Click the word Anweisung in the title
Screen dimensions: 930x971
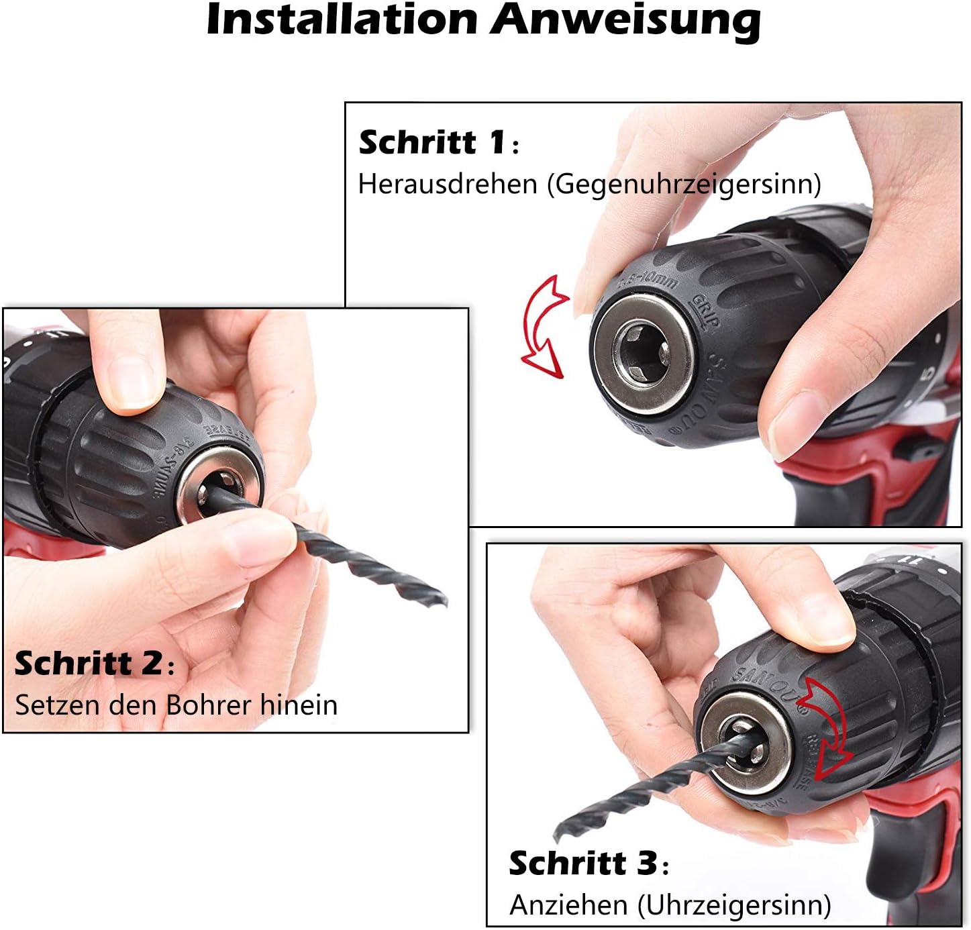(625, 20)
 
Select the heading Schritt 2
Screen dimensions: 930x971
(88, 663)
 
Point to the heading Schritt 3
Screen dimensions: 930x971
(582, 863)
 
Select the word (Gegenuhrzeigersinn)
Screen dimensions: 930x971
(684, 184)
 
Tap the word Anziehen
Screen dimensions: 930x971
(568, 905)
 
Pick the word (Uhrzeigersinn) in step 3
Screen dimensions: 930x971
(734, 905)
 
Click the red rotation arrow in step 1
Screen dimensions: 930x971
(544, 325)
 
